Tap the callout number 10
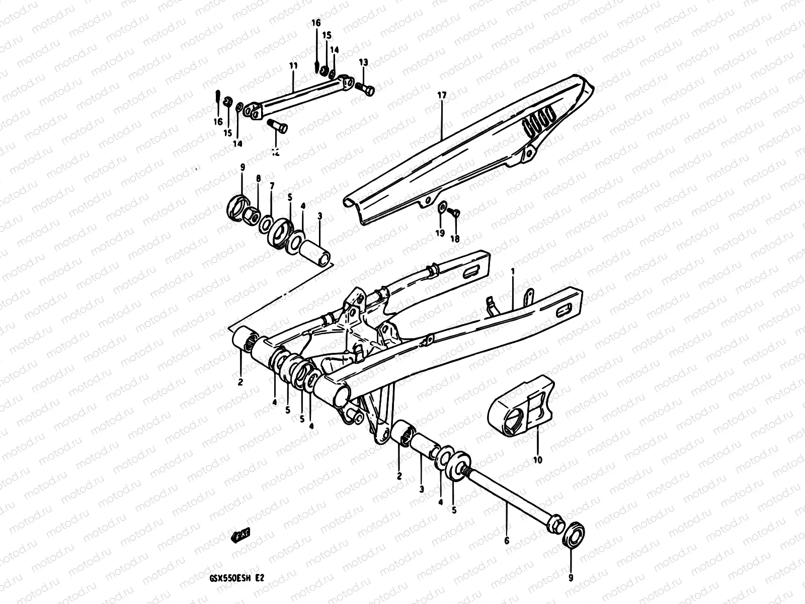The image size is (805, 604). tap(537, 460)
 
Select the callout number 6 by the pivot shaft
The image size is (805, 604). tap(507, 541)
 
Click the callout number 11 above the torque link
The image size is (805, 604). tap(293, 66)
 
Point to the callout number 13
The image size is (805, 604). tap(363, 62)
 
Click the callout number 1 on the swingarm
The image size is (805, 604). tap(513, 271)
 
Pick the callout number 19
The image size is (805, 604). tap(440, 233)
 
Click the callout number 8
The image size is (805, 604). tap(258, 179)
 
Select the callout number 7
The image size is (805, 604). tap(272, 186)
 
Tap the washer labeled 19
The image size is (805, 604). tap(442, 208)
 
